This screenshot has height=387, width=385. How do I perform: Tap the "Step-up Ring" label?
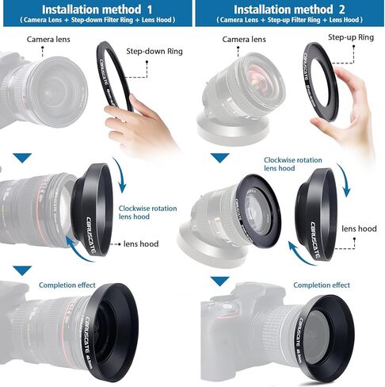tap(351, 36)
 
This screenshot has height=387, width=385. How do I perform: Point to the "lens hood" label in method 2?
tap(358, 228)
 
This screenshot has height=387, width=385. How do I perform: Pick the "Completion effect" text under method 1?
tap(67, 285)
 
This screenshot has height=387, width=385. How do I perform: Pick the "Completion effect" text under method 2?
tap(322, 285)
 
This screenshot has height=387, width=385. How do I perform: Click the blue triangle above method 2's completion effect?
tap(219, 281)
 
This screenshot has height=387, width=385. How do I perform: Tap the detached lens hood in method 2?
tap(321, 214)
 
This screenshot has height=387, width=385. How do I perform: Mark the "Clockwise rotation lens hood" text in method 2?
tap(292, 163)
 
